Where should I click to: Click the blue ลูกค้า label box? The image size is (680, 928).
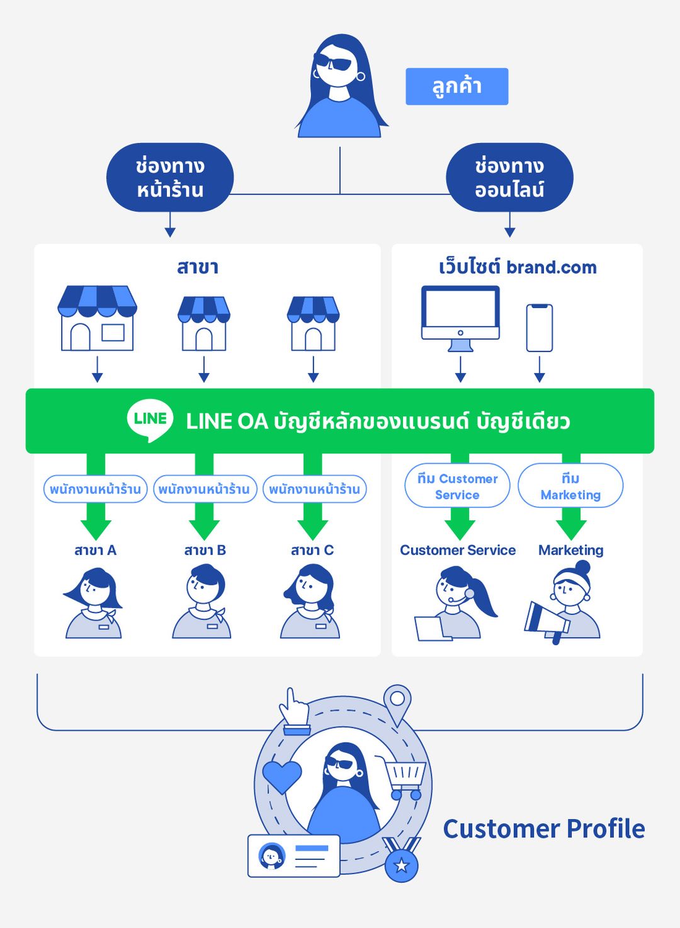pyautogui.click(x=456, y=86)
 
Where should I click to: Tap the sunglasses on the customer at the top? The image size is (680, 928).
pyautogui.click(x=334, y=62)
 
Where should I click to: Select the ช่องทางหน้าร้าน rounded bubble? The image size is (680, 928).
pyautogui.click(x=170, y=178)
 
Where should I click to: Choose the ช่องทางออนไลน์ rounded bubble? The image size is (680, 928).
pyautogui.click(x=509, y=178)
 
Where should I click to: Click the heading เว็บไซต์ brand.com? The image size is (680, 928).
pyautogui.click(x=517, y=267)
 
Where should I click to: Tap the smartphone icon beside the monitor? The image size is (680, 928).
pyautogui.click(x=540, y=328)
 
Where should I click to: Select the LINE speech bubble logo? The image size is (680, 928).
pyautogui.click(x=150, y=420)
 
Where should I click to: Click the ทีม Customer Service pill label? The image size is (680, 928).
pyautogui.click(x=457, y=486)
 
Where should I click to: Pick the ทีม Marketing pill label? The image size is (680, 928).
pyautogui.click(x=570, y=486)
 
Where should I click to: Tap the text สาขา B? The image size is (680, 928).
pyautogui.click(x=205, y=551)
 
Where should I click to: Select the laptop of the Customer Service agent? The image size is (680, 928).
pyautogui.click(x=432, y=629)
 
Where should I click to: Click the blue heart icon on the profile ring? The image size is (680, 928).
pyautogui.click(x=281, y=776)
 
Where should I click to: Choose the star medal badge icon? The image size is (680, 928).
pyautogui.click(x=401, y=863)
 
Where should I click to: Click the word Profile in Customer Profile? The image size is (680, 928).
pyautogui.click(x=604, y=829)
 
